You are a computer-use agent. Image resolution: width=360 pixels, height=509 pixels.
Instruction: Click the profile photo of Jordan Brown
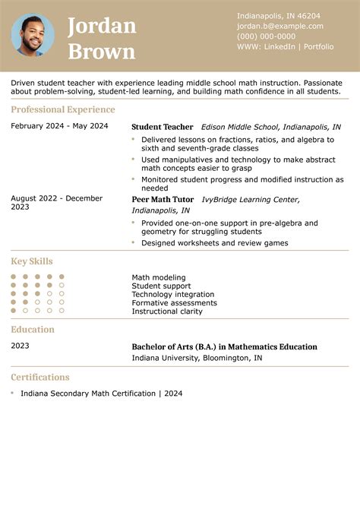click(33, 35)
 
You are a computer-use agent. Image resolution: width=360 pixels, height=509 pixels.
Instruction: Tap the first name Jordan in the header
click(102, 26)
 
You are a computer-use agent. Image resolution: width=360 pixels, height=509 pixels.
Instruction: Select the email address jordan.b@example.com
click(275, 26)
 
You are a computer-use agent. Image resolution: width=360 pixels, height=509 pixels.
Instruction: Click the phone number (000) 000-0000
click(266, 36)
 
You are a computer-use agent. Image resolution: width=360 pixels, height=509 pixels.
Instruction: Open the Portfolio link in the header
click(318, 46)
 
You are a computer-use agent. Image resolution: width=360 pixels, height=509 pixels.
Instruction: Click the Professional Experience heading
click(63, 109)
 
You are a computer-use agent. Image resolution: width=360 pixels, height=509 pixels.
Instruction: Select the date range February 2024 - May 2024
click(59, 126)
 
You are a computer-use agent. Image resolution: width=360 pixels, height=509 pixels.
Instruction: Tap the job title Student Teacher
click(162, 127)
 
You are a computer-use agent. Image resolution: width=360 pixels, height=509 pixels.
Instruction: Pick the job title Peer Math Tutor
click(163, 199)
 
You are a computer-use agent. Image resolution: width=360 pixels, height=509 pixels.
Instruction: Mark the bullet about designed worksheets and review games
click(214, 243)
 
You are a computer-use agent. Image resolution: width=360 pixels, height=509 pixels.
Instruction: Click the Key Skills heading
click(32, 261)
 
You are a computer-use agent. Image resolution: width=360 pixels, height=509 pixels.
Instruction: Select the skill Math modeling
click(159, 278)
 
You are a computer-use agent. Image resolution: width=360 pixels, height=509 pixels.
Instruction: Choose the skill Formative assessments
click(174, 303)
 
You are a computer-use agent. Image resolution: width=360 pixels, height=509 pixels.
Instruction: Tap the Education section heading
click(33, 330)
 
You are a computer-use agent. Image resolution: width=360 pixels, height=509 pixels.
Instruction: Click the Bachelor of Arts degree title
click(224, 346)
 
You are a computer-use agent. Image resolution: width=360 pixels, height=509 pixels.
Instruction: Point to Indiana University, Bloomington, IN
click(197, 358)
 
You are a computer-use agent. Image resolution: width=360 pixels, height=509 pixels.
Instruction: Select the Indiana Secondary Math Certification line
click(101, 394)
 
